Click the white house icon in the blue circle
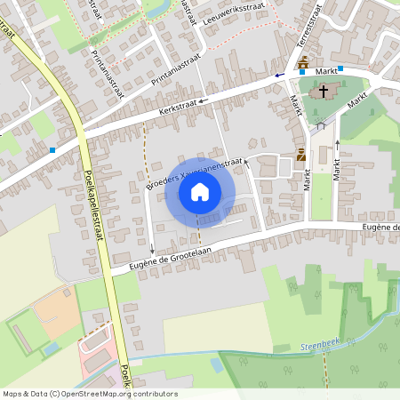[200, 192]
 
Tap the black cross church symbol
[324, 91]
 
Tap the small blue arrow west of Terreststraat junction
[278, 76]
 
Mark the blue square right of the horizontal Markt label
[340, 68]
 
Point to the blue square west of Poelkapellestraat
[52, 150]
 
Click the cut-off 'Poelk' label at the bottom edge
[125, 377]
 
